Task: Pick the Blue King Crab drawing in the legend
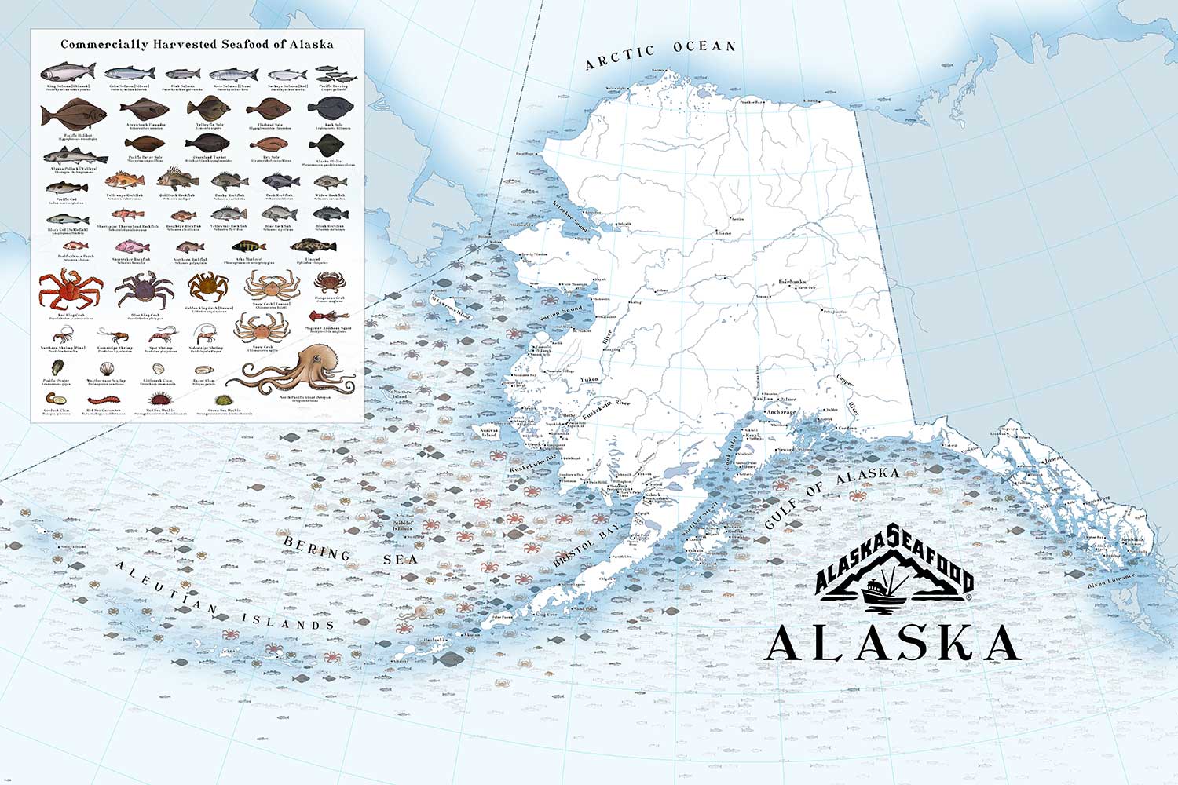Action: pos(142,290)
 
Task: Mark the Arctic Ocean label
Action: pos(660,54)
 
